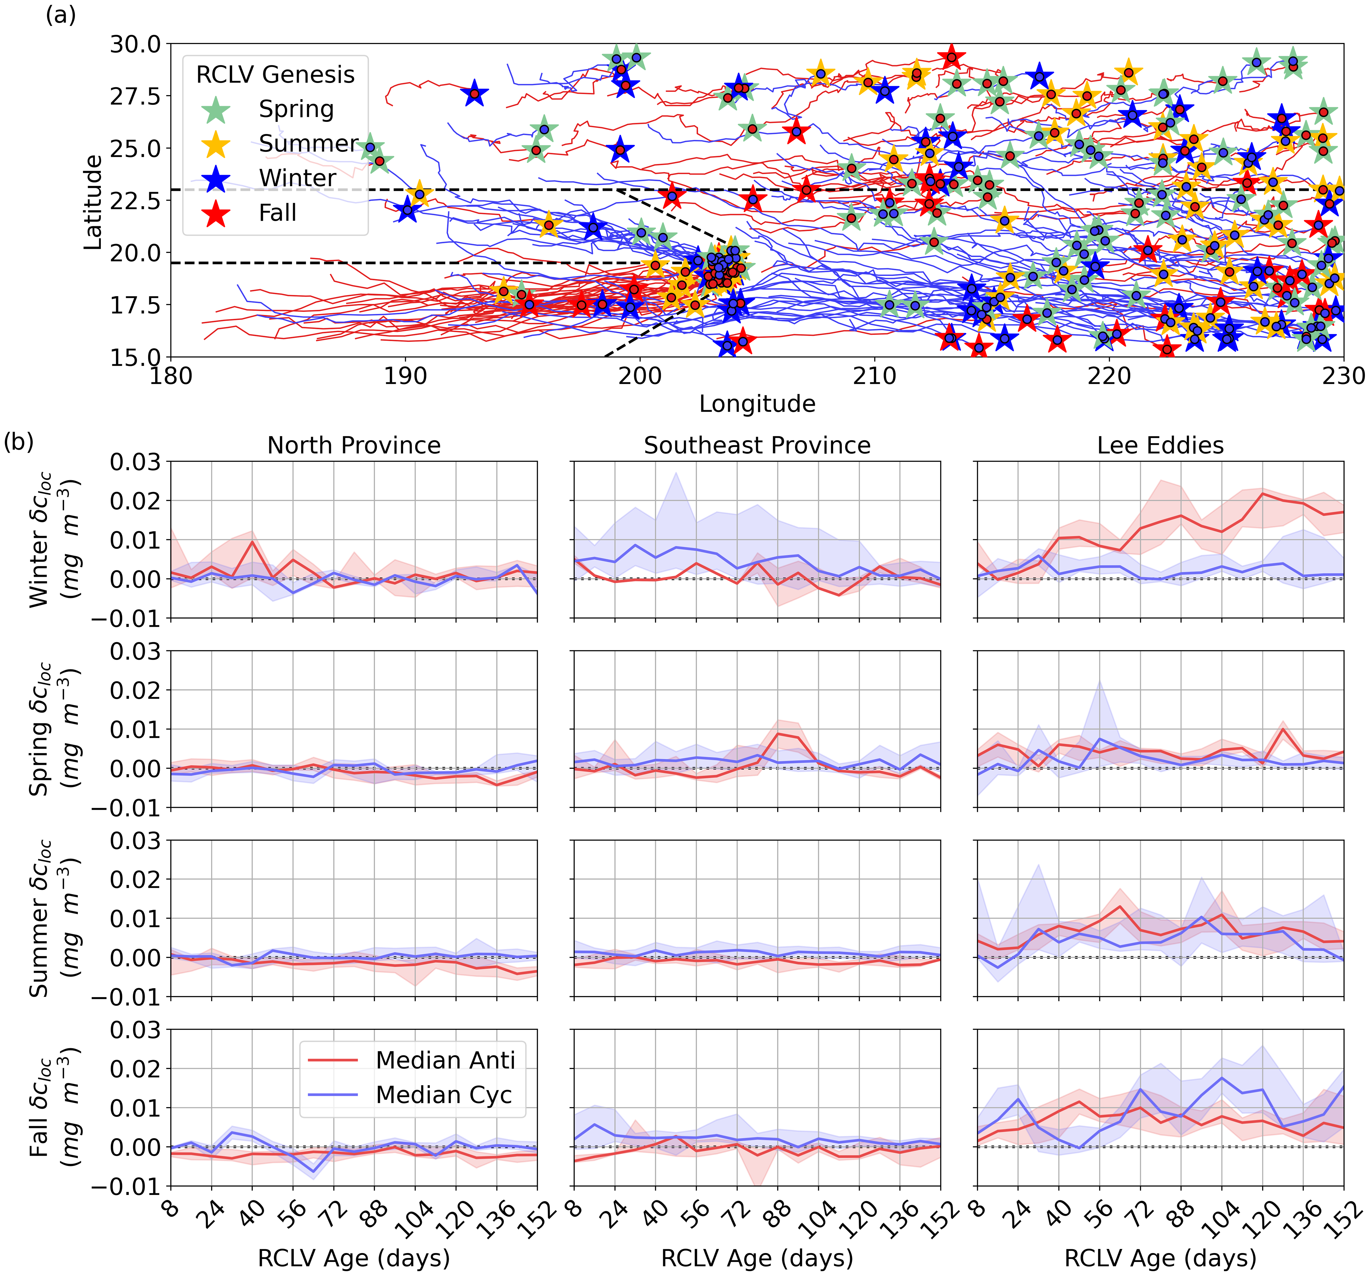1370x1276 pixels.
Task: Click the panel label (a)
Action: pos(61,15)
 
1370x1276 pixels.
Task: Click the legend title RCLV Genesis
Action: pos(275,74)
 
